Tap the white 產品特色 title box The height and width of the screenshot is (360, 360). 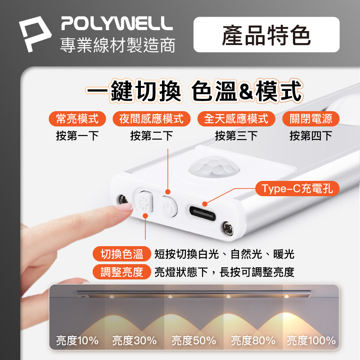click(x=266, y=35)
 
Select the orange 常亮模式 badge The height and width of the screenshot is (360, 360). click(x=77, y=119)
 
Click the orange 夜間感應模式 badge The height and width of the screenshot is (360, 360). click(x=151, y=119)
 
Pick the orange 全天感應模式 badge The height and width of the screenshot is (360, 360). click(x=236, y=119)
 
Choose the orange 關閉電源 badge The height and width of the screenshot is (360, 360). click(x=310, y=119)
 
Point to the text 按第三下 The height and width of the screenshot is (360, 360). click(x=236, y=136)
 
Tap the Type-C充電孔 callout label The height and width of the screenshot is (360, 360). click(x=297, y=189)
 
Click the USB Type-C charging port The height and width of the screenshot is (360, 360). click(x=202, y=213)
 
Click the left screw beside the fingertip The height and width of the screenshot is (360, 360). click(x=123, y=199)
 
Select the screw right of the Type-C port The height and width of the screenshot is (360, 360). click(x=228, y=228)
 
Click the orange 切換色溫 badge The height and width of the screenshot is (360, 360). click(x=121, y=254)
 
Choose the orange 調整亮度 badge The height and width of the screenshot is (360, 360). click(x=121, y=272)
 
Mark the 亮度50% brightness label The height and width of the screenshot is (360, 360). click(x=194, y=340)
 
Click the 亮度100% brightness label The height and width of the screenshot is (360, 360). click(x=311, y=340)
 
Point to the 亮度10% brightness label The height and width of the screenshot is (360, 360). click(x=77, y=340)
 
